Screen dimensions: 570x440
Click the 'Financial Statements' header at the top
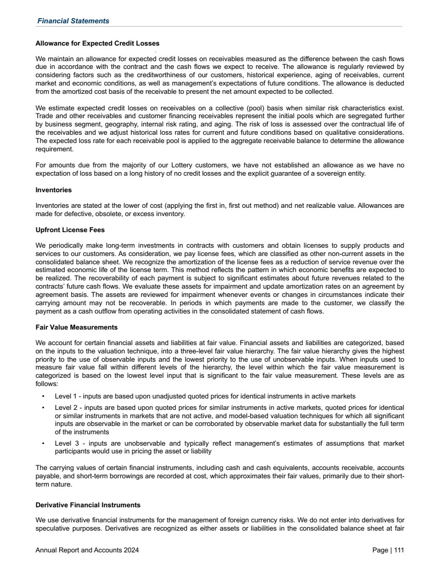(73, 21)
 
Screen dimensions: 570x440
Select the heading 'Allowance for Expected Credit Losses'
(97, 42)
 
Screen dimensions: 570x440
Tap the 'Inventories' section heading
(53, 190)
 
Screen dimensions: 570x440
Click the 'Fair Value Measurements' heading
(77, 327)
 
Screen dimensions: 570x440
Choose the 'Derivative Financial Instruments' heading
(88, 505)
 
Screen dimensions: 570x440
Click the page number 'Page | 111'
(388, 550)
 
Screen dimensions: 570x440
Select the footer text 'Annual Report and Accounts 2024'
(87, 550)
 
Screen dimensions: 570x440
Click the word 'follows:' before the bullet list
(47, 384)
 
